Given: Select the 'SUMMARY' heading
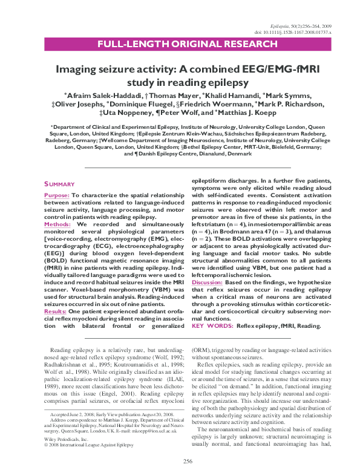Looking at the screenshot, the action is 59,184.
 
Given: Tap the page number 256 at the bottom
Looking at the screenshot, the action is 188,461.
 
